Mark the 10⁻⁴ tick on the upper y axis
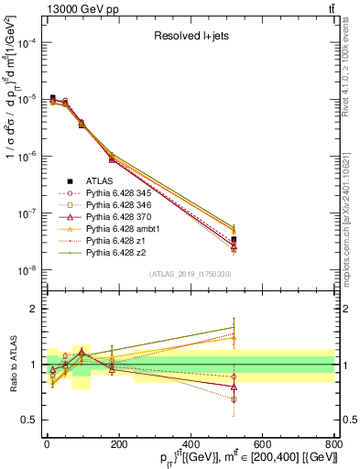click(x=27, y=42)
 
